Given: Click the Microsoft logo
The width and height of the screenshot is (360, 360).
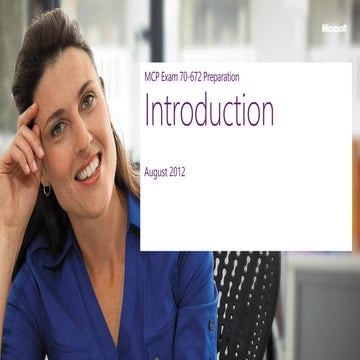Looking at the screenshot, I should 334,28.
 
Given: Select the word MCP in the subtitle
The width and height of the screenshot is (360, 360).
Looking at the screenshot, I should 154,77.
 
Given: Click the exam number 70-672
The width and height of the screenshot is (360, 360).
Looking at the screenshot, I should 196,77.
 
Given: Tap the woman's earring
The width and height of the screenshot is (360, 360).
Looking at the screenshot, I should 45,189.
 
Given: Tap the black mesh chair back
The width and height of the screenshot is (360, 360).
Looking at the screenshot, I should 245,300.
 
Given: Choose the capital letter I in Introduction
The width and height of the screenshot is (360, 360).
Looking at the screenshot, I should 148,111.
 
